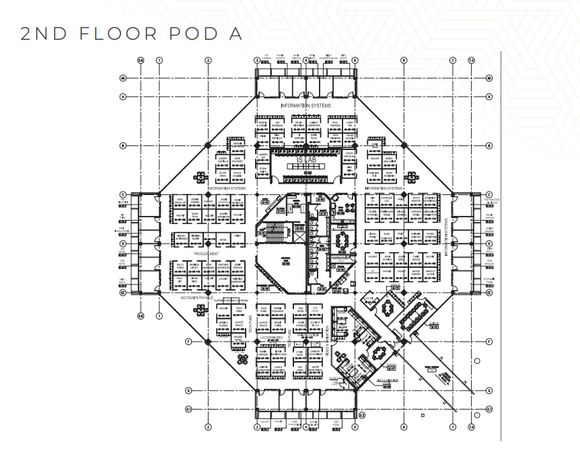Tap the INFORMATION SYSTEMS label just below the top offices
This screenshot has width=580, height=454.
click(x=305, y=106)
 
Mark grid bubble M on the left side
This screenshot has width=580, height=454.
click(x=123, y=78)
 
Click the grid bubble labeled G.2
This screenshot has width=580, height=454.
click(x=361, y=415)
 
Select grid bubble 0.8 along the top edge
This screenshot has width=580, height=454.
click(x=141, y=60)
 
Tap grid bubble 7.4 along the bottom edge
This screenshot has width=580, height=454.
click(x=471, y=426)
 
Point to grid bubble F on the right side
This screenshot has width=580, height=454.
click(x=489, y=342)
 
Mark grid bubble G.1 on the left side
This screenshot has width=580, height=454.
click(x=123, y=408)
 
